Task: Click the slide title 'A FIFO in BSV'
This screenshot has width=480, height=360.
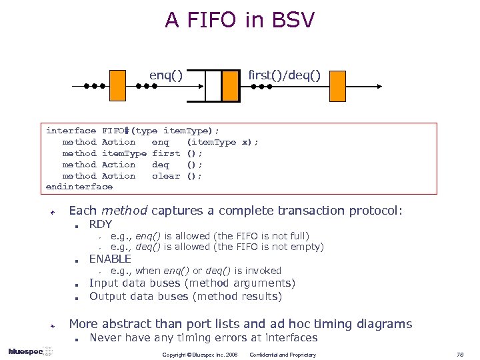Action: pos(239,20)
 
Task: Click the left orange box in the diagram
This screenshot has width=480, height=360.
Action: pos(117,85)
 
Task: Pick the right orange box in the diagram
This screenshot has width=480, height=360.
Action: pos(337,85)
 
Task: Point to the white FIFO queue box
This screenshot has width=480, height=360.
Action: pos(213,86)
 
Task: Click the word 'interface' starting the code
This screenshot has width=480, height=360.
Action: pos(71,131)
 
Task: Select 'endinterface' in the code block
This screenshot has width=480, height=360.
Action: pos(79,187)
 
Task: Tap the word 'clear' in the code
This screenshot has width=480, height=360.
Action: pos(166,176)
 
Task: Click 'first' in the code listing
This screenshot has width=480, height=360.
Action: pos(166,153)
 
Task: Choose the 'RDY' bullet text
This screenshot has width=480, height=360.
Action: pos(101,224)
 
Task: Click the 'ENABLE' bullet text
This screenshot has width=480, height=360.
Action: pos(110,259)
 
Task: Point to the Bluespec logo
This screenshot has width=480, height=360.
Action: pos(25,351)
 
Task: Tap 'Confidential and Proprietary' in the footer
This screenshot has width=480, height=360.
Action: pos(283,355)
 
